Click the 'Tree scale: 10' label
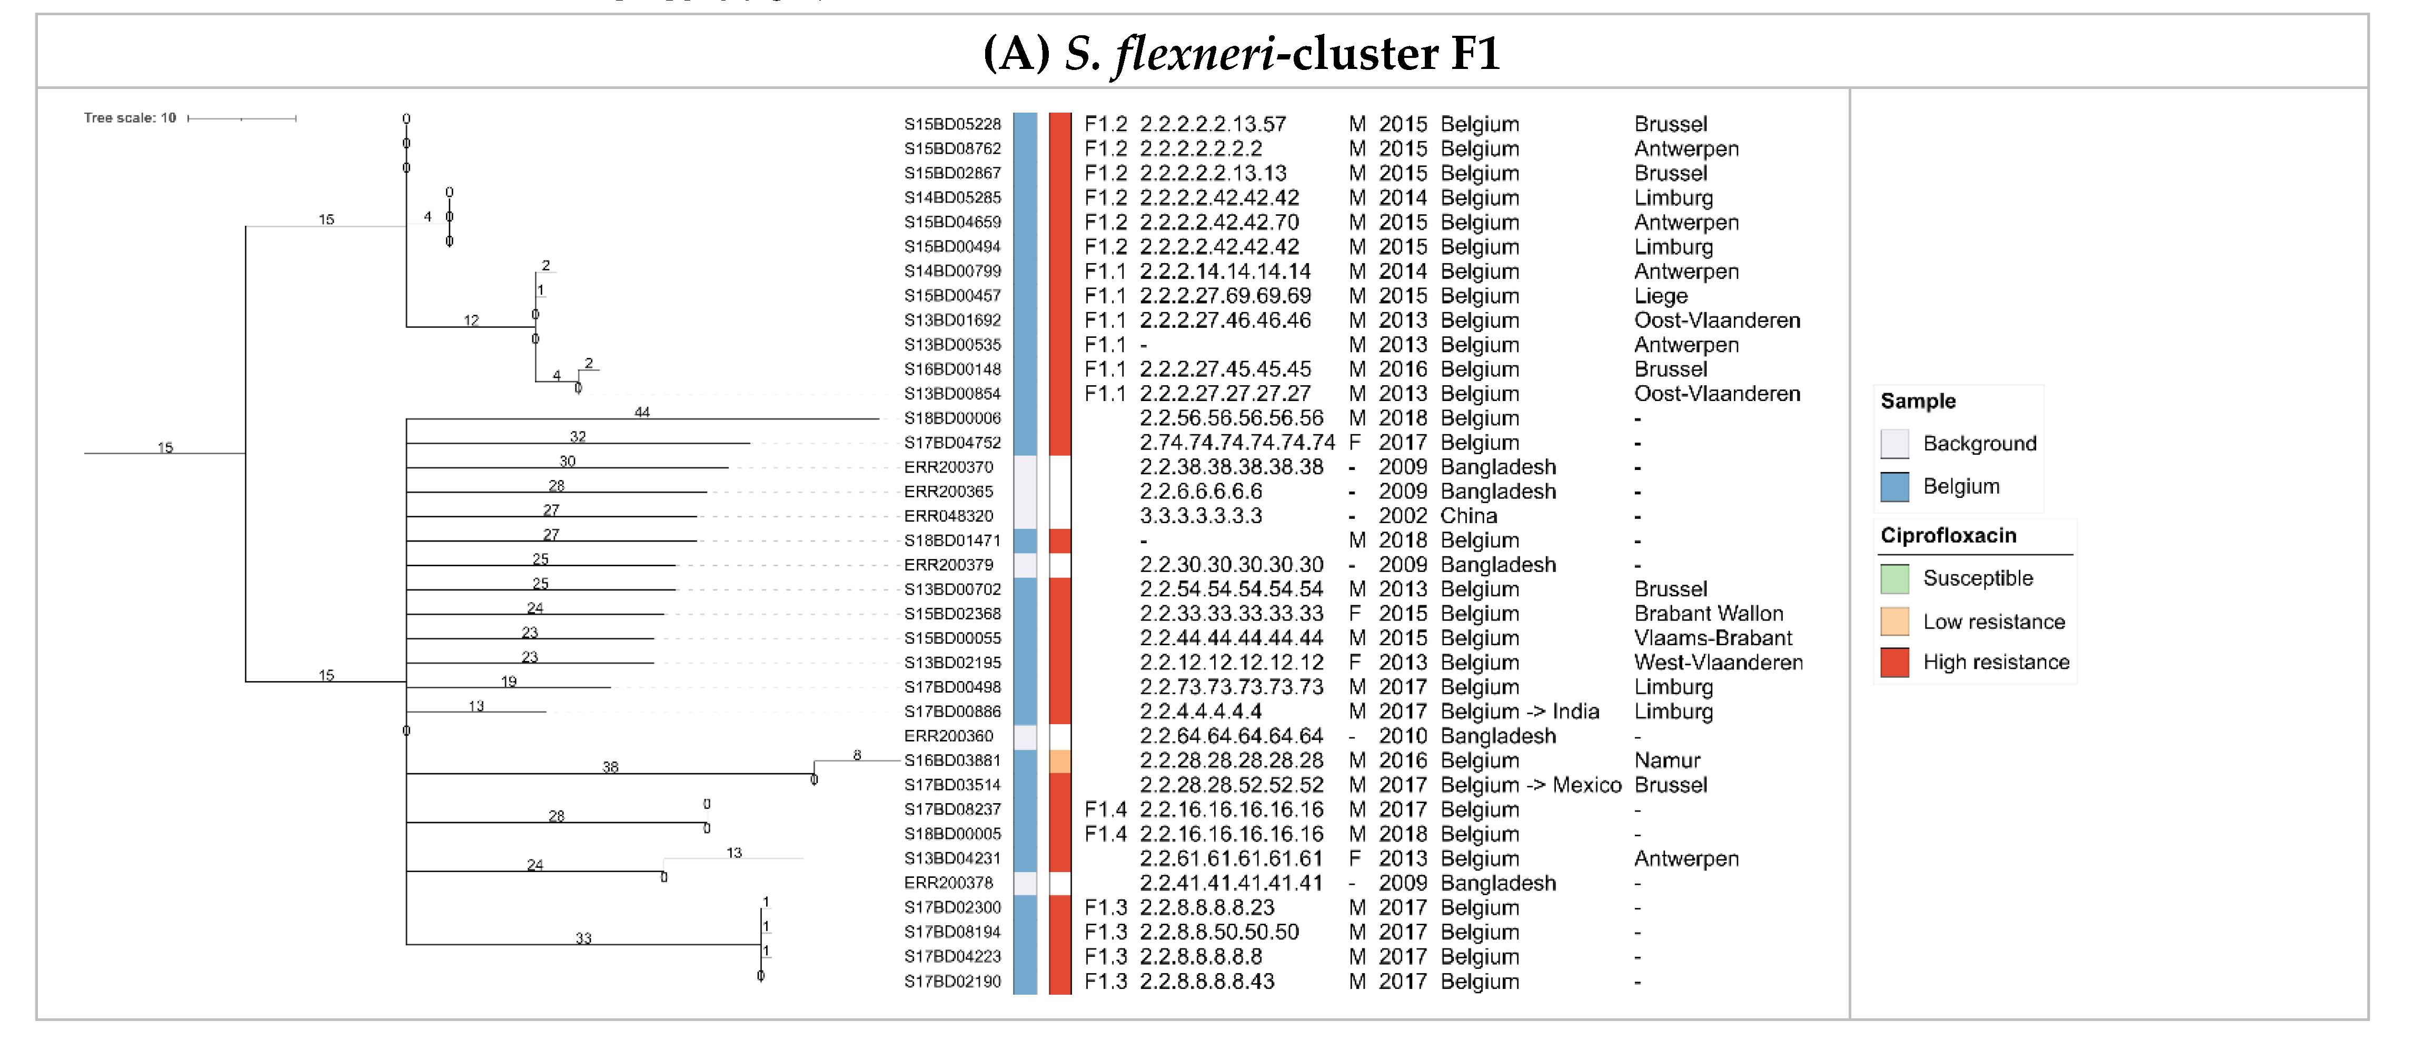[130, 118]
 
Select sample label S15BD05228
[952, 125]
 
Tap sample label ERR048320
[948, 516]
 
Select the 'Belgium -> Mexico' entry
[1530, 785]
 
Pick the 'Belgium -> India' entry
[1519, 711]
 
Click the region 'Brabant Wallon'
[1708, 614]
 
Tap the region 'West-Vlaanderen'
[1718, 663]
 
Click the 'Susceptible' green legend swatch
[1894, 578]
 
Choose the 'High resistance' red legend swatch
[1894, 663]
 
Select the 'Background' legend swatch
[1894, 444]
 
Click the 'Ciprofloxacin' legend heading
[1948, 535]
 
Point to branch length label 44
[642, 412]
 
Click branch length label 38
[610, 766]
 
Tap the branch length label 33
[583, 938]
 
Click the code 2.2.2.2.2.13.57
[1212, 125]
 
